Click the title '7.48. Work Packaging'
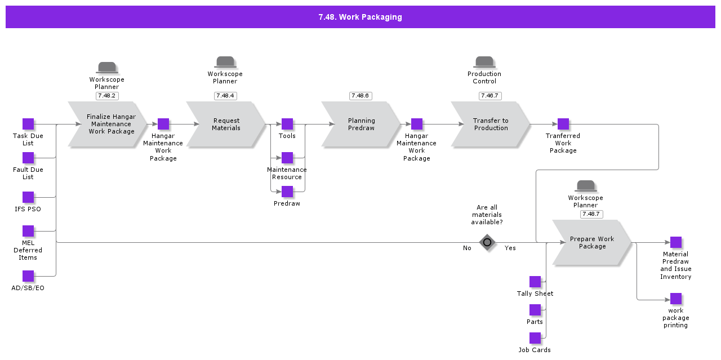click(x=360, y=17)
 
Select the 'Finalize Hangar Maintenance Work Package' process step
click(x=108, y=125)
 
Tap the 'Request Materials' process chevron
click(x=226, y=125)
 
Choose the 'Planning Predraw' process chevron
click(x=361, y=125)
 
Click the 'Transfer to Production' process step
click(x=491, y=125)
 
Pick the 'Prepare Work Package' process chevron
click(x=592, y=242)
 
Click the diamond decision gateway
click(x=487, y=242)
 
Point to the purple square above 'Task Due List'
click(x=28, y=124)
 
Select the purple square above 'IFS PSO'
click(x=28, y=197)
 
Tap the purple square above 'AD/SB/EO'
click(x=28, y=276)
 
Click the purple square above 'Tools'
click(x=287, y=124)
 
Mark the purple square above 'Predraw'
click(x=287, y=192)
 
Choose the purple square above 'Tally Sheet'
click(x=535, y=282)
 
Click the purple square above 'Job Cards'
click(x=535, y=338)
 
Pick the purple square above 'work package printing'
click(x=676, y=299)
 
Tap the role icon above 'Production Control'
click(x=484, y=62)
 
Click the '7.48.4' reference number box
click(x=225, y=96)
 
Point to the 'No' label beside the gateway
click(x=467, y=248)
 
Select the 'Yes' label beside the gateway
click(x=510, y=248)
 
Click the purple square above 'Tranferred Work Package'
click(x=563, y=124)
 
